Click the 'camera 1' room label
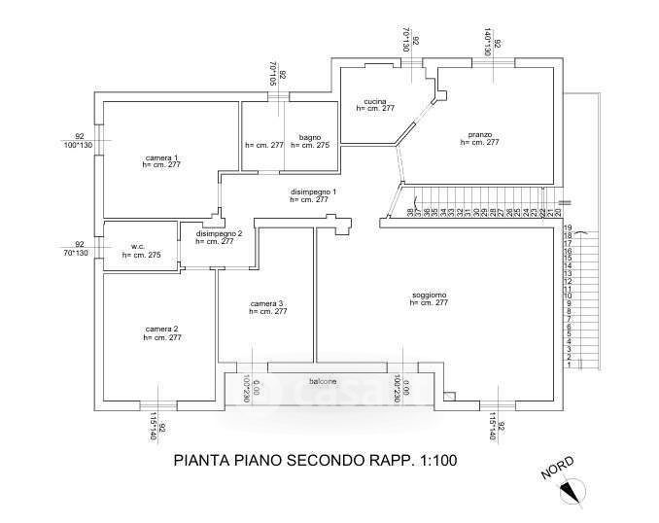(x=162, y=157)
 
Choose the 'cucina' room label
(x=375, y=102)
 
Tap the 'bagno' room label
(x=310, y=137)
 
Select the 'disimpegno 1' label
(x=313, y=192)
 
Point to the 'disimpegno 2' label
(x=219, y=234)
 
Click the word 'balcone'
(x=323, y=380)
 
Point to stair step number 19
(x=568, y=227)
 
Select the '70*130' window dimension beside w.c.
(x=76, y=253)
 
